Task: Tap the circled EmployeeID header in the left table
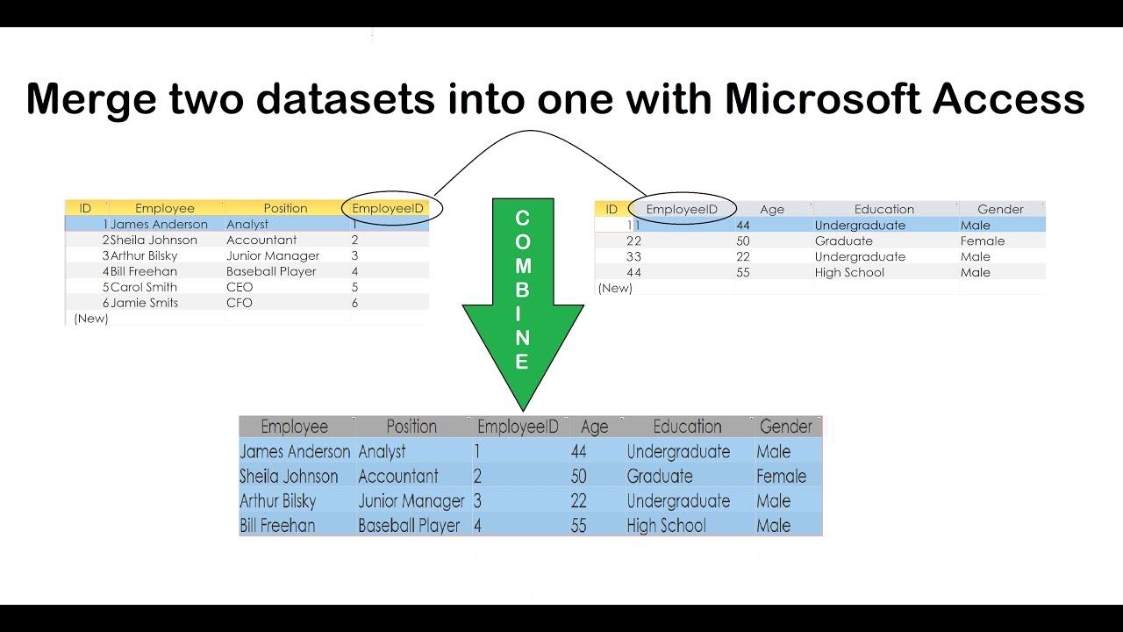click(388, 208)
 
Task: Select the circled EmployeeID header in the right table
click(682, 209)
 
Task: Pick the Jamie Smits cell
click(144, 303)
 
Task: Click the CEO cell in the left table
click(240, 287)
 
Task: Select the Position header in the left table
click(286, 208)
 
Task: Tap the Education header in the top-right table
click(884, 209)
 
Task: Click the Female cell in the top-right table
click(983, 241)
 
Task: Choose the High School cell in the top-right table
click(849, 272)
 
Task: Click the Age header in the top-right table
click(772, 209)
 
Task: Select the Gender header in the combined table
click(786, 427)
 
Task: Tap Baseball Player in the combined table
click(409, 526)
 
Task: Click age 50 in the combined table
click(578, 477)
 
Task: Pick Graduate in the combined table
click(660, 477)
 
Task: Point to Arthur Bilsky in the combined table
click(278, 501)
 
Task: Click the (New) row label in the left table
click(91, 319)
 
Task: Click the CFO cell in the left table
click(240, 303)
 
